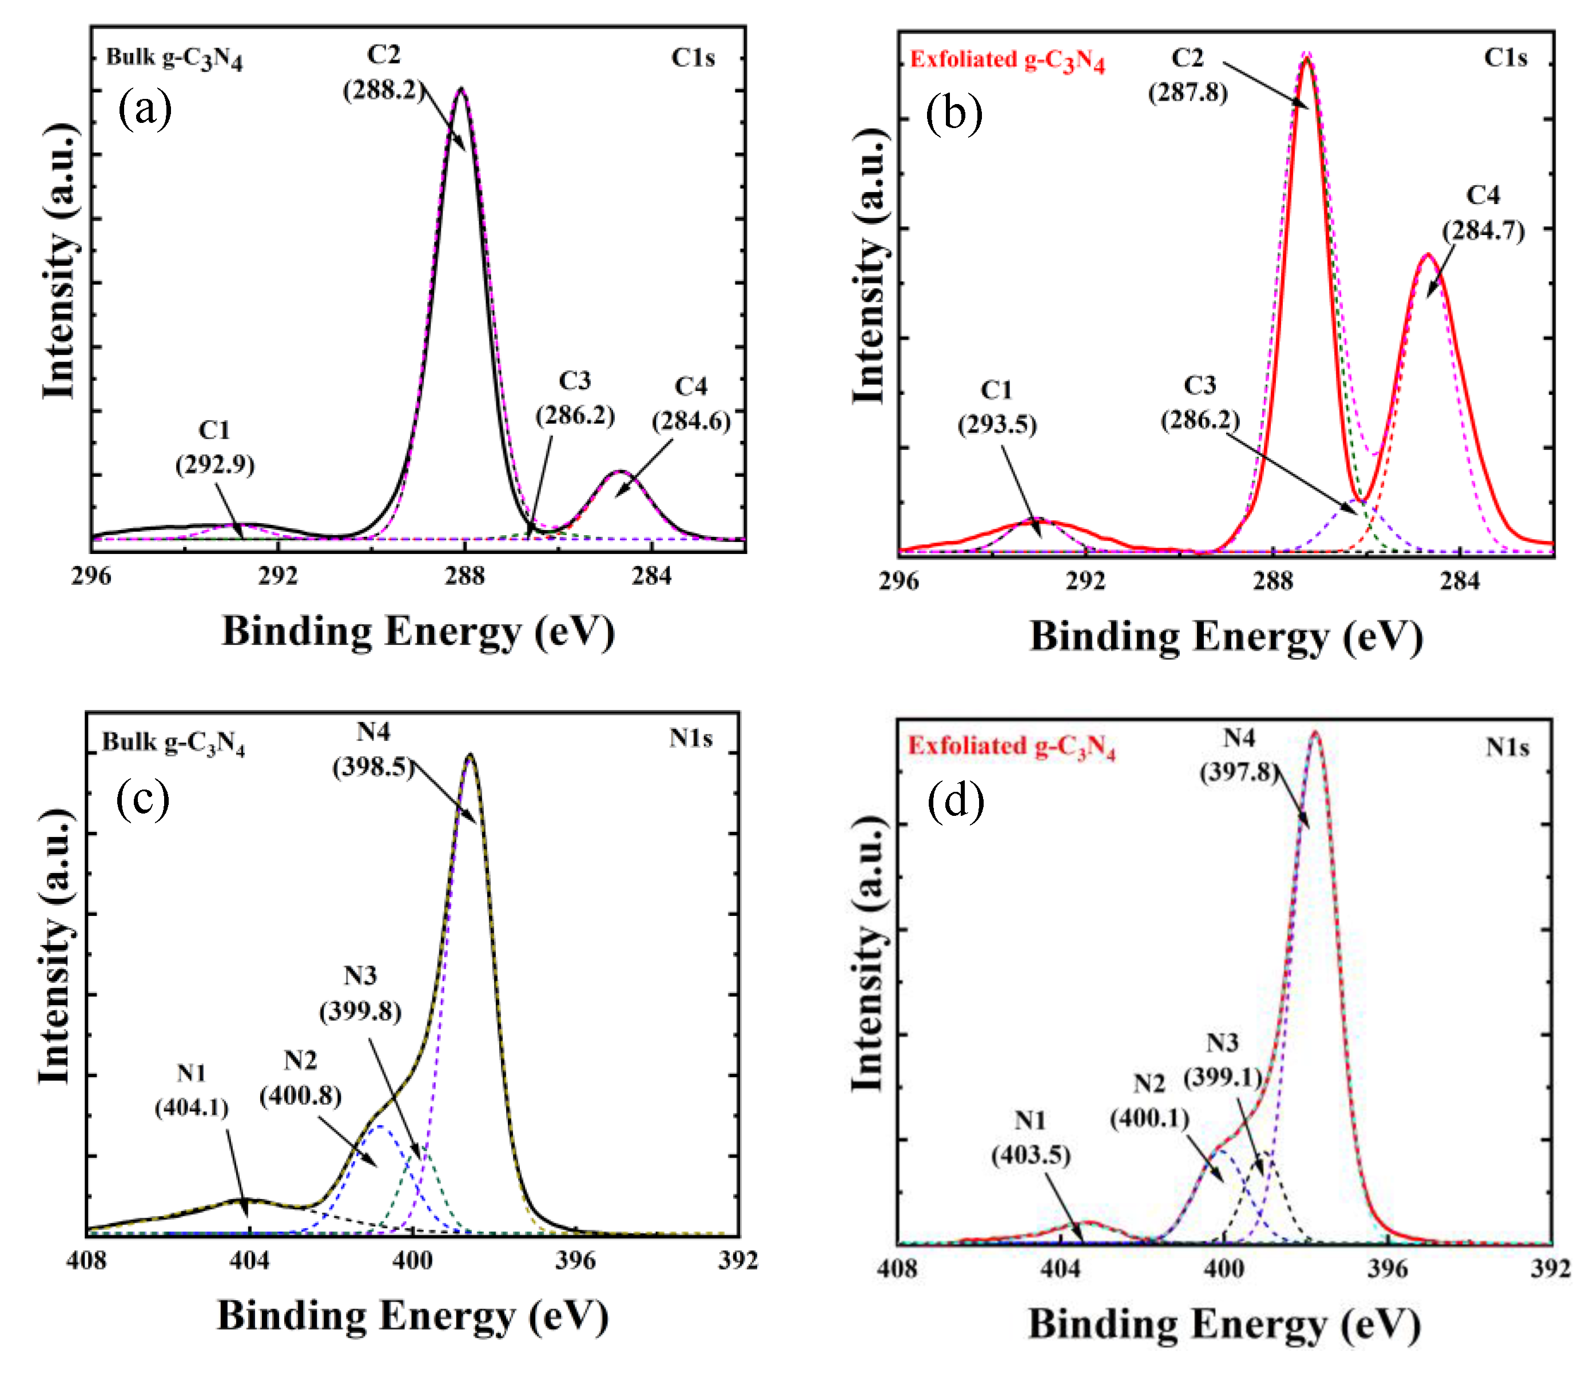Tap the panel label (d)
coord(955,802)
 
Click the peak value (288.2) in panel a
coord(383,90)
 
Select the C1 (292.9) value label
coord(215,464)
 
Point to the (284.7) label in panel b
coord(1483,230)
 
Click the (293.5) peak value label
coord(997,425)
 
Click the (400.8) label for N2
coord(300,1095)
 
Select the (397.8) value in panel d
coord(1239,772)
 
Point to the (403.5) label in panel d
coord(1031,1155)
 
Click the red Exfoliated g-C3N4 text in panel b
coord(1007,60)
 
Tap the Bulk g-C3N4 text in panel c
coord(173,743)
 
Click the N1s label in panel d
coord(1506,747)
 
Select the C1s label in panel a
coord(693,58)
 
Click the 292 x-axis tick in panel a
coord(278,576)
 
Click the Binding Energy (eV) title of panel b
coord(1226,637)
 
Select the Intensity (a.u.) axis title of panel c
coord(56,947)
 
